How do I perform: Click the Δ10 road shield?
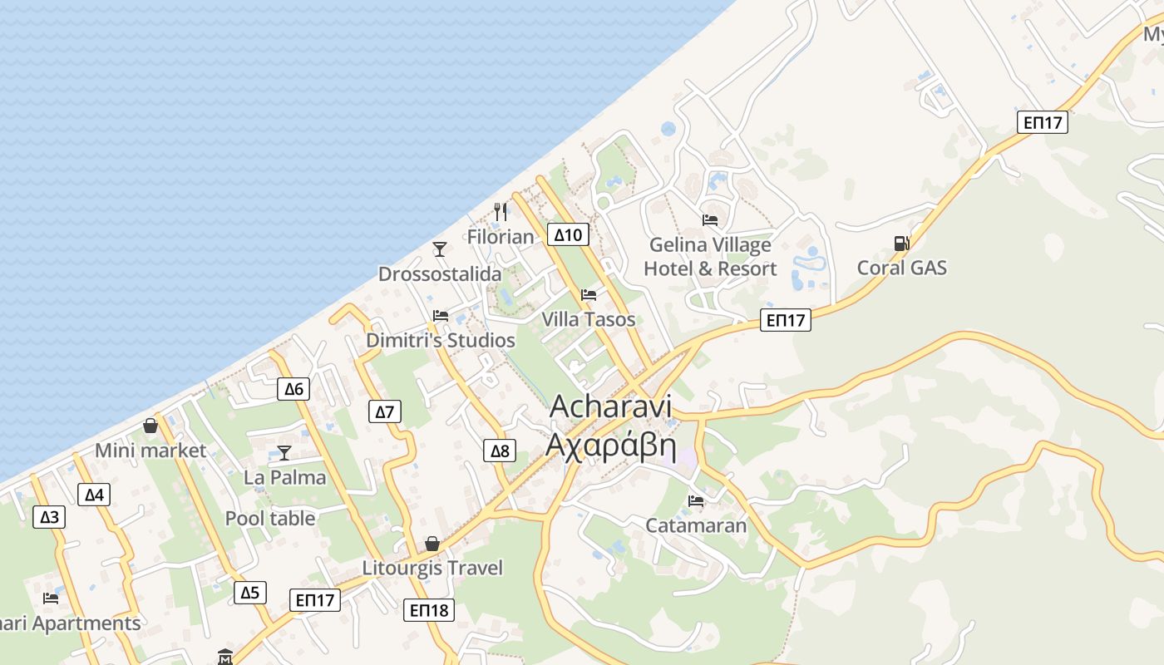point(568,234)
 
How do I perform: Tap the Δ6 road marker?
point(293,388)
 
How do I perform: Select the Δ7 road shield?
point(383,411)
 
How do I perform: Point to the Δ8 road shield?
point(499,451)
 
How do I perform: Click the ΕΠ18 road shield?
point(429,610)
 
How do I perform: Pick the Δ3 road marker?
point(49,517)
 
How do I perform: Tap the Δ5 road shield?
point(250,592)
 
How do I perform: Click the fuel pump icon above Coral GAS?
point(901,243)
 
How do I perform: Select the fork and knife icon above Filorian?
point(500,212)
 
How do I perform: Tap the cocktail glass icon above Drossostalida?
point(440,249)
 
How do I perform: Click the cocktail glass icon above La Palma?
point(284,452)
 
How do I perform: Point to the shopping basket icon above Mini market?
point(150,426)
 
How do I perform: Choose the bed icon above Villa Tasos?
point(589,295)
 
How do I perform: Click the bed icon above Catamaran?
point(696,500)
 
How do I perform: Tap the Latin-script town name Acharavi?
point(610,406)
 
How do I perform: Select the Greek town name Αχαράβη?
point(610,445)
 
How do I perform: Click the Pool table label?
point(270,518)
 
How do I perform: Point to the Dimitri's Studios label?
point(441,340)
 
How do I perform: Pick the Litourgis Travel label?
point(432,568)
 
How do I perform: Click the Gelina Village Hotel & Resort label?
point(710,256)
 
